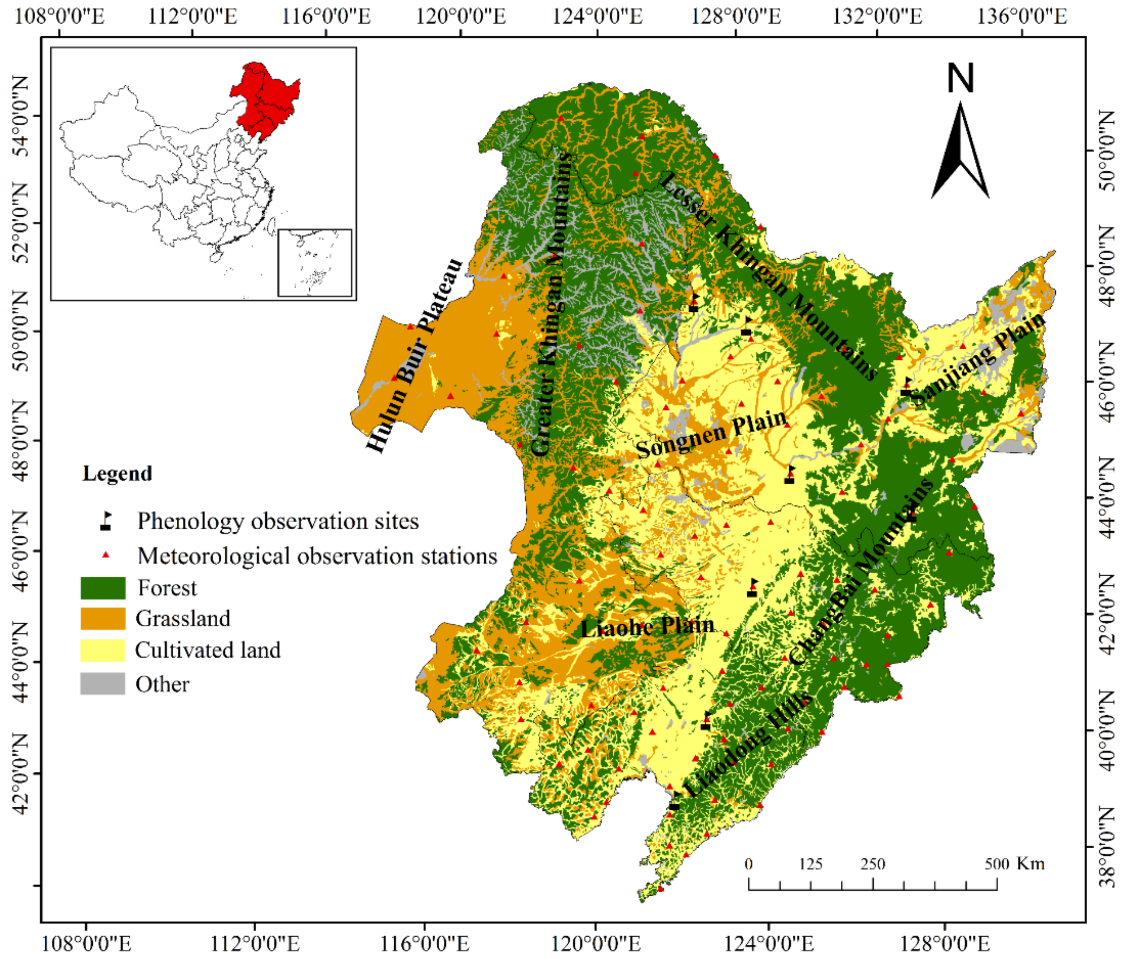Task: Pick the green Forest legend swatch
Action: [x=102, y=588]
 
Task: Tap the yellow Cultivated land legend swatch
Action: [x=102, y=650]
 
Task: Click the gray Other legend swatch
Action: [x=102, y=684]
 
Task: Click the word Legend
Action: [x=117, y=473]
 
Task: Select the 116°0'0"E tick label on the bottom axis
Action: [x=424, y=944]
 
